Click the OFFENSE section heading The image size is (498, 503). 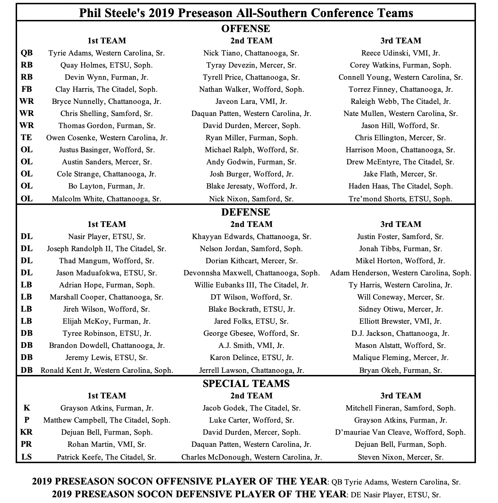click(x=245, y=28)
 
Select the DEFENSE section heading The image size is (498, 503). click(x=245, y=212)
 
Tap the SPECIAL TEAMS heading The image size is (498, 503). click(x=246, y=383)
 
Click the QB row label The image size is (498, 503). click(x=26, y=53)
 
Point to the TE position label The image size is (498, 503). click(x=26, y=138)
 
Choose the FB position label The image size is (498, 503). click(x=26, y=89)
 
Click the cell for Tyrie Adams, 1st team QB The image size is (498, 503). click(x=107, y=53)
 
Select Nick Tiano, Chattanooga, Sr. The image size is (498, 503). click(x=251, y=53)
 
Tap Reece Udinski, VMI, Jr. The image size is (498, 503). click(x=401, y=53)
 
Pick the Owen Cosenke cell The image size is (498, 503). click(x=107, y=138)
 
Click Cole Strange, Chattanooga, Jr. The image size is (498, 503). click(x=107, y=174)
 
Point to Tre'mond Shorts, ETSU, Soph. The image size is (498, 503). click(x=401, y=199)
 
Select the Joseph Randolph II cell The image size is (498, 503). click(x=107, y=249)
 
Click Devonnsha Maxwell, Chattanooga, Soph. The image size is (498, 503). click(x=251, y=273)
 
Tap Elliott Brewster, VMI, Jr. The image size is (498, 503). click(x=401, y=321)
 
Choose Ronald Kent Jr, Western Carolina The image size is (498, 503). click(x=107, y=370)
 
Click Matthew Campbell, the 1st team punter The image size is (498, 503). click(x=107, y=420)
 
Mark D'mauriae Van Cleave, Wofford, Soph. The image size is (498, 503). click(x=401, y=432)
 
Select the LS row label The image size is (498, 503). click(x=26, y=457)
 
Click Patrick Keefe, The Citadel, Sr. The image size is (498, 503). click(x=107, y=457)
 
